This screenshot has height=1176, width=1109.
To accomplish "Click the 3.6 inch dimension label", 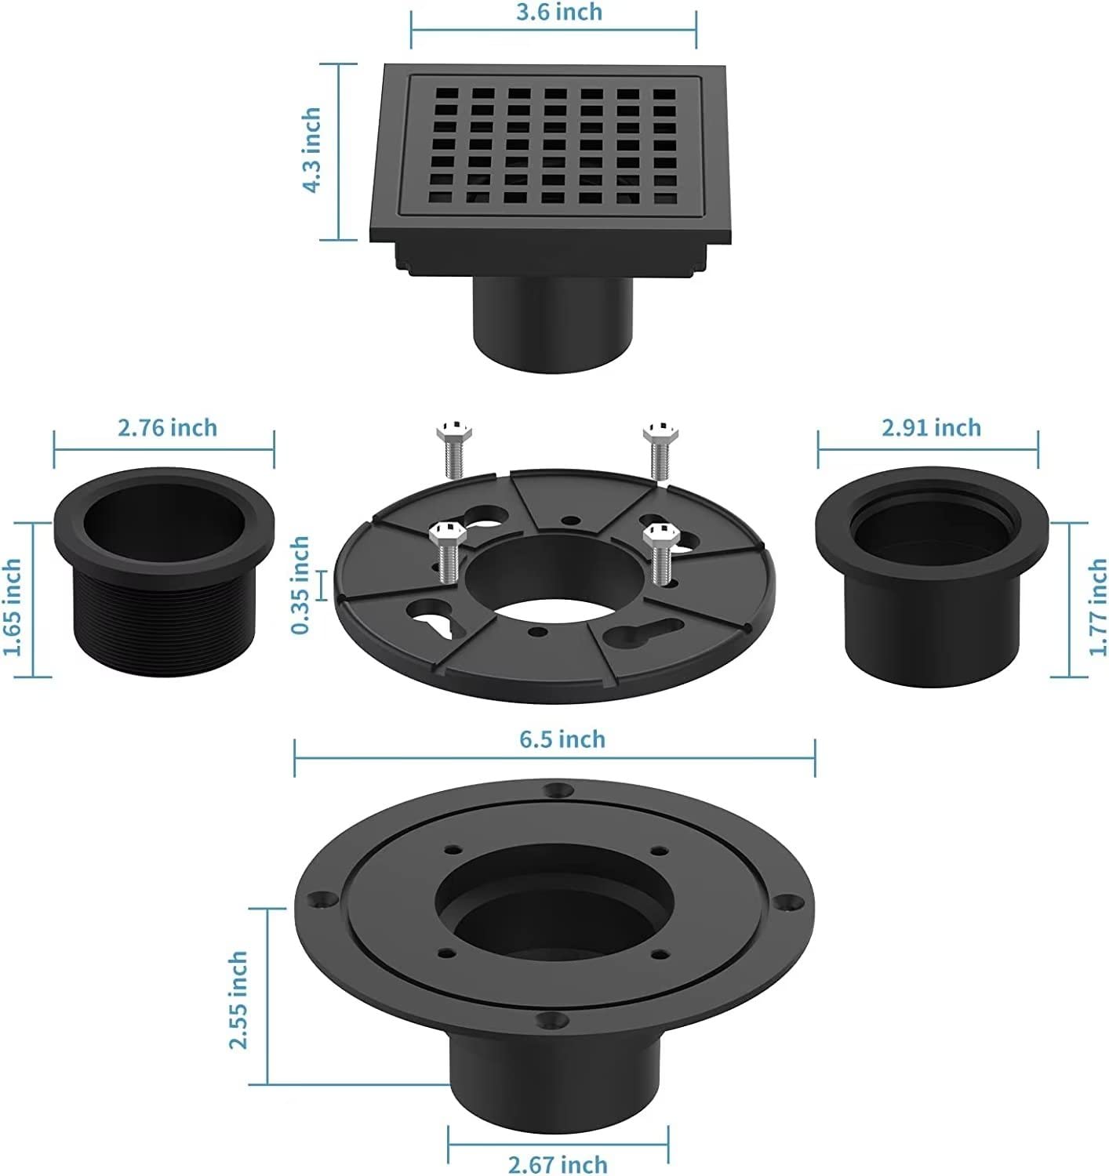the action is [x=558, y=13].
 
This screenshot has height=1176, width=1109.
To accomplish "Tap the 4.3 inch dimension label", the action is [x=311, y=150].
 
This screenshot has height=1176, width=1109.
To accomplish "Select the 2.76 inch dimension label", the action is [x=167, y=427].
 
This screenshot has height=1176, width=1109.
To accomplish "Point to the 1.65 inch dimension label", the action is [x=13, y=608].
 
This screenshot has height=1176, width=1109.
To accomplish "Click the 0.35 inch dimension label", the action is [x=300, y=585].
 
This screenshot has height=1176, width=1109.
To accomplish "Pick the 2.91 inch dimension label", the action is [x=931, y=427].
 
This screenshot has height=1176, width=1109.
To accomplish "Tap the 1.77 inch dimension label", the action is [x=1098, y=608].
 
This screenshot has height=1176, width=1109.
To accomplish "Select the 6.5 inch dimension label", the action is [x=562, y=739].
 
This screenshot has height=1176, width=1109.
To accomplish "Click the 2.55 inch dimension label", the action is [x=238, y=1000].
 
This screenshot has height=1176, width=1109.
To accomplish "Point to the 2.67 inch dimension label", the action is [x=558, y=1164].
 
